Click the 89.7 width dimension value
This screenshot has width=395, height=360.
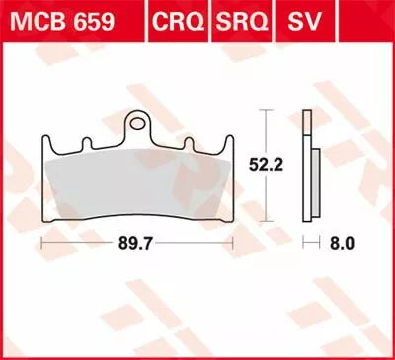click(x=134, y=239)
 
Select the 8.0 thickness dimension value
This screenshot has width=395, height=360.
click(x=338, y=239)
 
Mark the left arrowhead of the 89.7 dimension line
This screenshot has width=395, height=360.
click(x=41, y=239)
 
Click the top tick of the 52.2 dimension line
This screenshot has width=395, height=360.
click(x=263, y=111)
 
